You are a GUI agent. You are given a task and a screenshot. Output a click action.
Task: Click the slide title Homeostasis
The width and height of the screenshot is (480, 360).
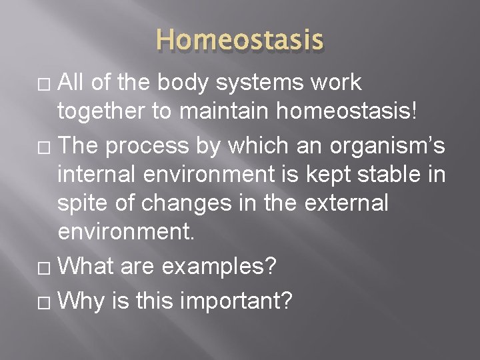pos(240,39)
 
